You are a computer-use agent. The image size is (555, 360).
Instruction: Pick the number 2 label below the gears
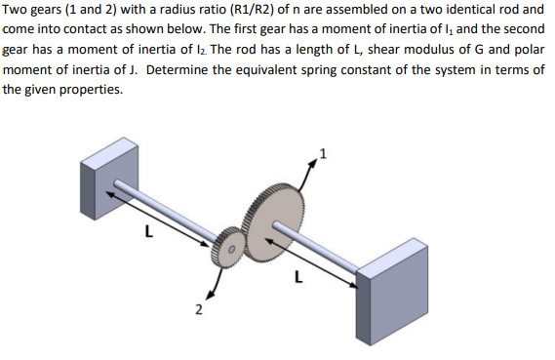point(198,310)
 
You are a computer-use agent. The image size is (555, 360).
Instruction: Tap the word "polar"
point(528,53)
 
